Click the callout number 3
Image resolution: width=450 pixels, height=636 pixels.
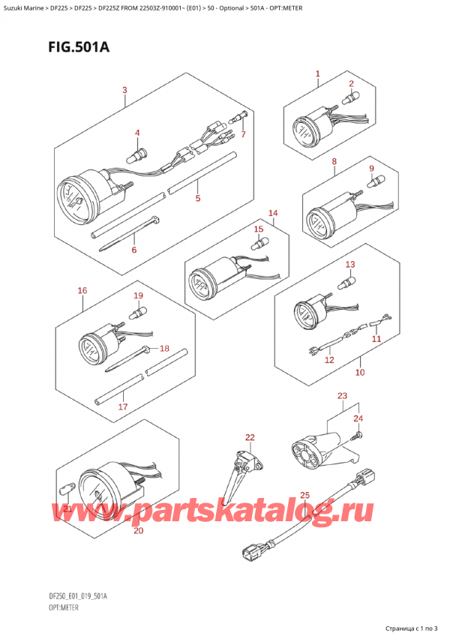click(125, 90)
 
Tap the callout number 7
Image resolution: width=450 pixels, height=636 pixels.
click(243, 133)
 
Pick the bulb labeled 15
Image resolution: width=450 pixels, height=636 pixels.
click(258, 244)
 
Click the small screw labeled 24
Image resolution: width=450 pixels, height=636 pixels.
click(358, 436)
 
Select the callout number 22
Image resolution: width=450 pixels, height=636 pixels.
click(250, 437)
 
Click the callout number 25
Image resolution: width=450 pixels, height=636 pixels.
click(304, 495)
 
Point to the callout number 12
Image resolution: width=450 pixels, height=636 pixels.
click(329, 360)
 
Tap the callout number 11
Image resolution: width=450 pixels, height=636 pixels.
click(376, 339)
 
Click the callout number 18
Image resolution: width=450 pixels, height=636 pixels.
click(164, 349)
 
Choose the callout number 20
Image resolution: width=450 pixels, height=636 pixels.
click(138, 530)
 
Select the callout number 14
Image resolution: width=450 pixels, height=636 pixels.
click(273, 213)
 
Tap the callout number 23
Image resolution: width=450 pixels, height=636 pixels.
click(343, 396)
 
